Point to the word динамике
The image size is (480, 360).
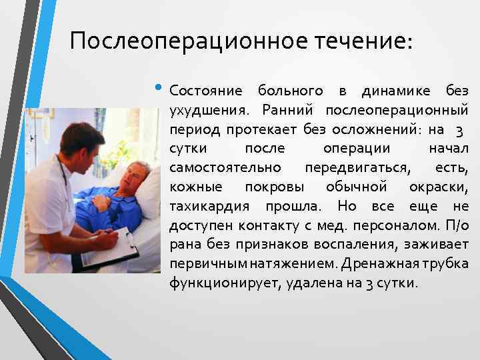(x=396, y=91)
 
